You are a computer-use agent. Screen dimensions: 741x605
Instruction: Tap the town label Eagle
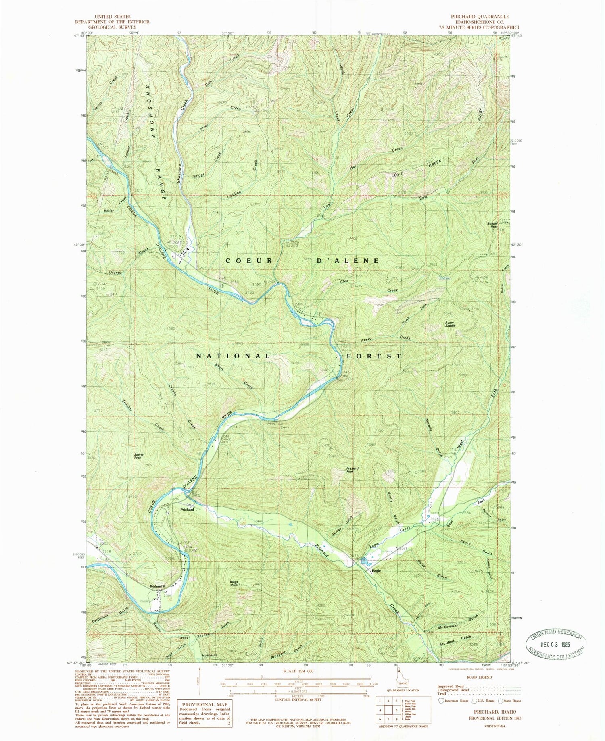[x=376, y=571]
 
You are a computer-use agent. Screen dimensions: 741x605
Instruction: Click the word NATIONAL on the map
[x=233, y=356]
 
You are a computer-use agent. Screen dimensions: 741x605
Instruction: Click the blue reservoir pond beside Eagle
[x=365, y=561]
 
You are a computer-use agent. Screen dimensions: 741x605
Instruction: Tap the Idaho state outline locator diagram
[x=400, y=681]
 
